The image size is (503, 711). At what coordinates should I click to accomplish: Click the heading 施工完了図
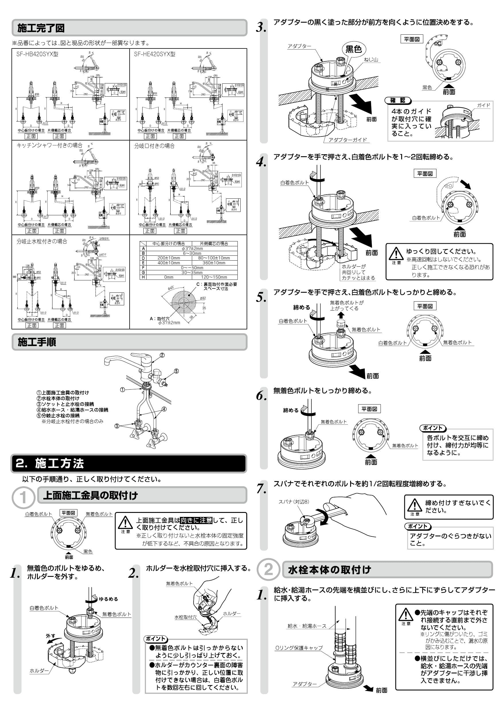tap(41, 28)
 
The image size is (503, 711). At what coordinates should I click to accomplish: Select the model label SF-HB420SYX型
tap(37, 54)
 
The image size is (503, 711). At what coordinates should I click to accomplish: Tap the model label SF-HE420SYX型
tap(155, 54)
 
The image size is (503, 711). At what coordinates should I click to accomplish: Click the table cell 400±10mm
tap(169, 263)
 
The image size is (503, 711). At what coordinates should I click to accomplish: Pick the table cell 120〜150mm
tap(214, 277)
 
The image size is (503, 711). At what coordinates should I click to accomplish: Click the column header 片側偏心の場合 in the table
tap(214, 243)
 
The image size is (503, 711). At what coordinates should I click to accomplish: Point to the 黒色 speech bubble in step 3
tap(353, 49)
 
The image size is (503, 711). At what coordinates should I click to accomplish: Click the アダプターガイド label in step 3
tap(348, 140)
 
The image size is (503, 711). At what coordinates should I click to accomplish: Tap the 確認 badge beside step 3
tap(397, 100)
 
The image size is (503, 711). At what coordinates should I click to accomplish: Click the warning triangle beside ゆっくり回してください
tap(396, 254)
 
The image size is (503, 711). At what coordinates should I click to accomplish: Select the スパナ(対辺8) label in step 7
tap(294, 502)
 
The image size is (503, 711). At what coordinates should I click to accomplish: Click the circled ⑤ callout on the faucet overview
tap(176, 371)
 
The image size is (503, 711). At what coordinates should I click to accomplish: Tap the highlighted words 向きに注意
tap(196, 520)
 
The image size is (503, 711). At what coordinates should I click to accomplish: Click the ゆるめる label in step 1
tap(108, 599)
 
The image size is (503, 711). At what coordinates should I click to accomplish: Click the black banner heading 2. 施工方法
tap(50, 464)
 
